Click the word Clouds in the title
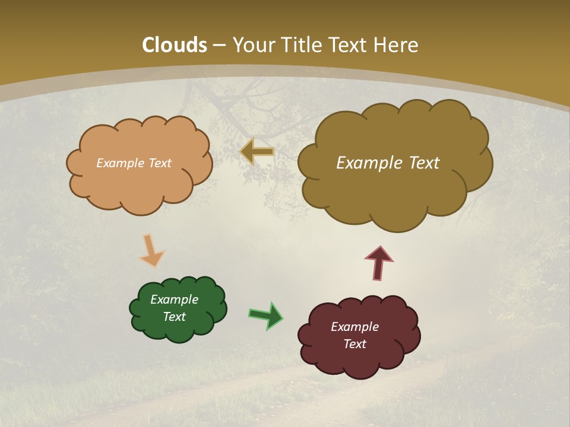(175, 45)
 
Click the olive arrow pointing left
(257, 152)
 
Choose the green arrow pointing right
(265, 315)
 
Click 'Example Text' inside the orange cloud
(134, 163)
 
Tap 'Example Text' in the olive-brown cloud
(388, 163)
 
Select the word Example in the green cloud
(174, 299)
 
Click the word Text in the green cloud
(175, 317)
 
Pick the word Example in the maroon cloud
(354, 327)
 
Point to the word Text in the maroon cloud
(354, 344)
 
